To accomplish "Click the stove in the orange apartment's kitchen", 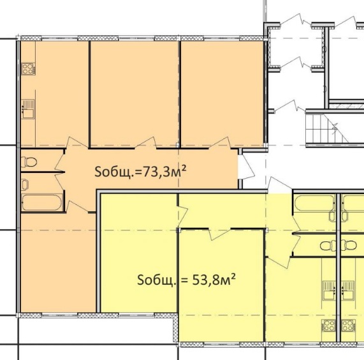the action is [29, 69].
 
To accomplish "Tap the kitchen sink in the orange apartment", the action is [28, 109].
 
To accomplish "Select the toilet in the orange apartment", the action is [29, 162].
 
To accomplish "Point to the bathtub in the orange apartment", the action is [42, 203].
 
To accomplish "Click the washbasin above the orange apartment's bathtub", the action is [25, 184].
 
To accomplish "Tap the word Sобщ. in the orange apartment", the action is [115, 172].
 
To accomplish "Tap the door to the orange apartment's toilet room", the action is [59, 161].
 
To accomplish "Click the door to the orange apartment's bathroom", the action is [60, 184].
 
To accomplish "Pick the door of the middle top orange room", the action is [146, 142].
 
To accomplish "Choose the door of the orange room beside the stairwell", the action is [219, 142].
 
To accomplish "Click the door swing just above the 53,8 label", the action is [220, 234].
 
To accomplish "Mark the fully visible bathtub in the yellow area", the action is [314, 203].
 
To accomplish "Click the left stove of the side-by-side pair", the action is [328, 326].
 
